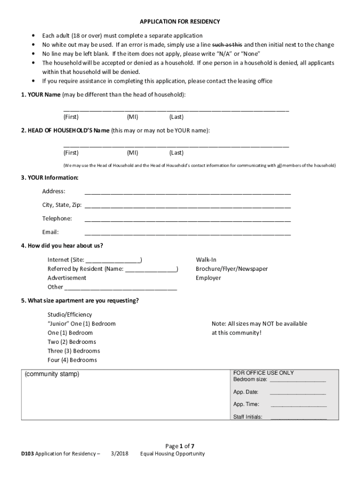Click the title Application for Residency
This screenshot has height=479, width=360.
tap(180, 22)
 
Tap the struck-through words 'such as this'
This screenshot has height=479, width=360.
tap(227, 45)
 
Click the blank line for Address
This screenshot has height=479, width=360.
tap(187, 192)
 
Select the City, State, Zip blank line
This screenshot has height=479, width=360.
tap(187, 206)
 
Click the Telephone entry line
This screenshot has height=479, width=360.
tap(187, 219)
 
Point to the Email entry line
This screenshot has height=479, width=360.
tap(187, 233)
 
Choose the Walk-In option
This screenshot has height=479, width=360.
tap(206, 260)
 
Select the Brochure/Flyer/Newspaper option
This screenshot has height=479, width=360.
tap(231, 269)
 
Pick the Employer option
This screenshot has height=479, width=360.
tap(208, 278)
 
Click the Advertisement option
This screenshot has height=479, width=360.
tap(67, 278)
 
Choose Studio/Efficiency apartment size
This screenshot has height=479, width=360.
tap(70, 315)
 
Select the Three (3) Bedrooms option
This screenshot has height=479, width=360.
tap(73, 351)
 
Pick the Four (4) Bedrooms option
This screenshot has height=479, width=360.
tap(72, 360)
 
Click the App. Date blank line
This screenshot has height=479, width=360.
tap(298, 393)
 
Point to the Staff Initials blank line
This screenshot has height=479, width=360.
tap(298, 418)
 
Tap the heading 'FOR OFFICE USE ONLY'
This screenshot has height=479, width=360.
tap(263, 373)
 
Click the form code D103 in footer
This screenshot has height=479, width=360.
tap(28, 454)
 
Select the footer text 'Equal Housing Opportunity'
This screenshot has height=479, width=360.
tap(172, 454)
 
